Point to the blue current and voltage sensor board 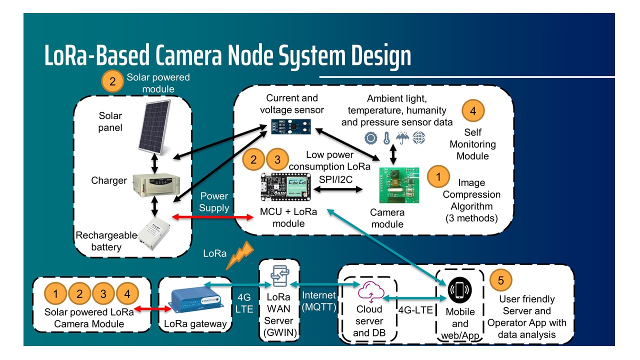[x=291, y=126]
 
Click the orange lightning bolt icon [x=239, y=257]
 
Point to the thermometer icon [x=386, y=138]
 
